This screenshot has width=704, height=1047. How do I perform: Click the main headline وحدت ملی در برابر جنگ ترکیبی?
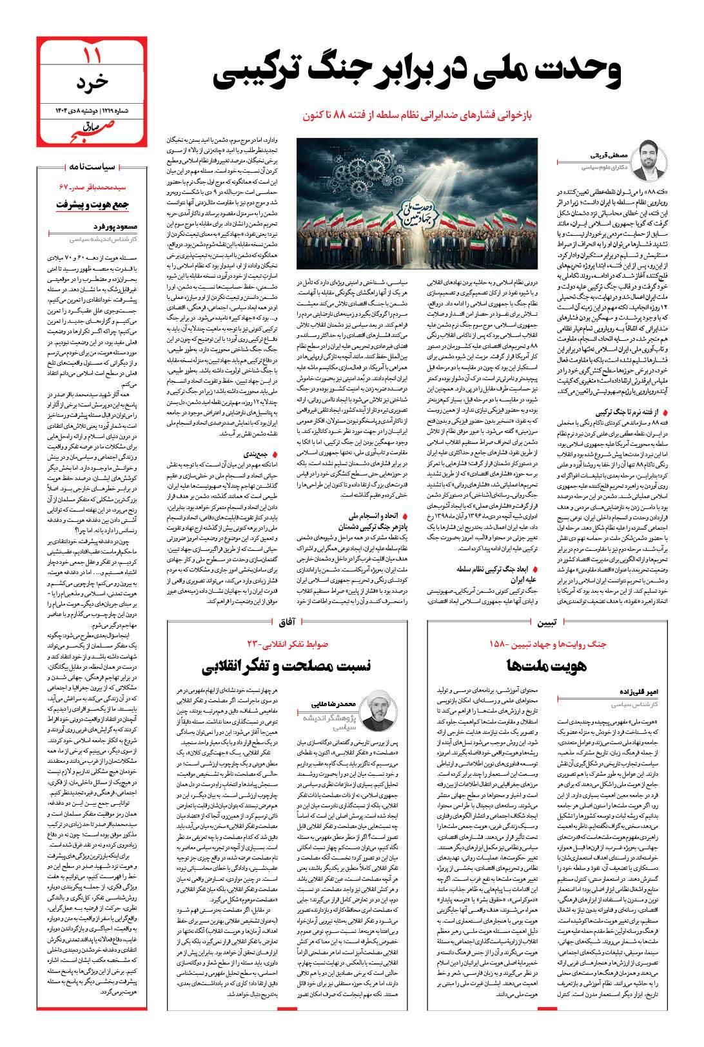[x=417, y=73]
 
